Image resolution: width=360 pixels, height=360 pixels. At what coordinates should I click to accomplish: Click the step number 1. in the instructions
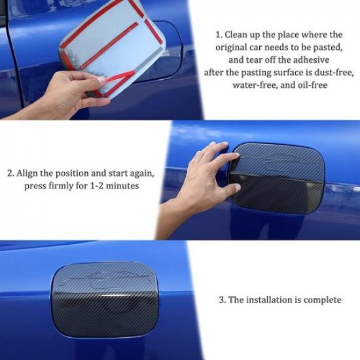[220, 35]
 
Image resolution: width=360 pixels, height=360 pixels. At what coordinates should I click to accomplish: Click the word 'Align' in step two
[31, 173]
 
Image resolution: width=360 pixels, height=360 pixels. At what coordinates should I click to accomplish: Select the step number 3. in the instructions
[223, 300]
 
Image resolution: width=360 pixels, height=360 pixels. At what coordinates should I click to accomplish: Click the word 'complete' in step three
[320, 300]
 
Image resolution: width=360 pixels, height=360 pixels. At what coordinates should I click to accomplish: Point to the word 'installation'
[269, 300]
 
